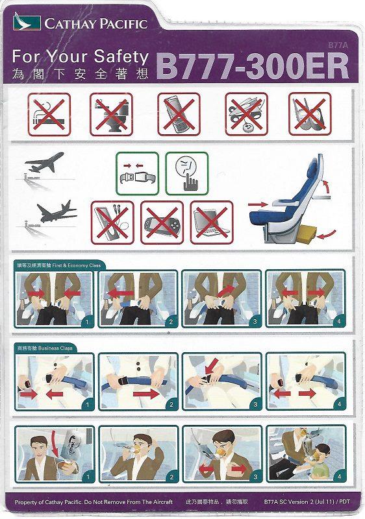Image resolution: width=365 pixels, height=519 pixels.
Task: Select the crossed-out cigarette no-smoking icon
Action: point(49,114)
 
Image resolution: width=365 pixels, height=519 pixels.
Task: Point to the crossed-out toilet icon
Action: point(112,114)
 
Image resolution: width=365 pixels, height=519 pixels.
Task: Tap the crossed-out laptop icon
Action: point(212,222)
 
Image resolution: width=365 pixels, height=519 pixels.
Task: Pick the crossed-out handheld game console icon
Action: point(162,222)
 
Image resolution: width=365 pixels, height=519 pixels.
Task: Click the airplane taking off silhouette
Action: point(45,162)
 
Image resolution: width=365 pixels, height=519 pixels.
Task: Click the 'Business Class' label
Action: point(57,348)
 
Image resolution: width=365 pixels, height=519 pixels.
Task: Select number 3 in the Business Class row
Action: point(255,404)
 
